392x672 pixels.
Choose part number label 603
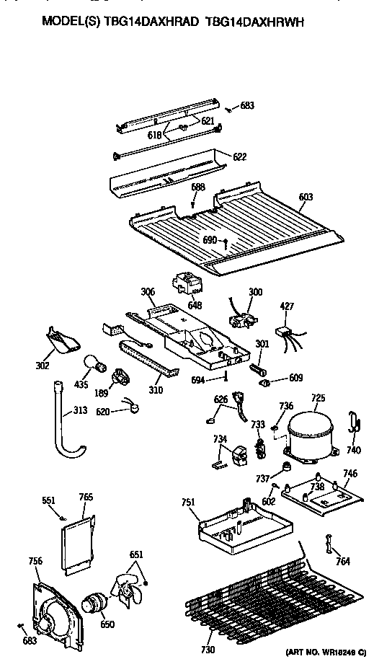[306, 195]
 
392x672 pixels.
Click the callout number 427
[287, 306]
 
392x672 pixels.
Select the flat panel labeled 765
[79, 543]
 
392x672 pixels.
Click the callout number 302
[43, 366]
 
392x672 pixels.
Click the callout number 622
[239, 156]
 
